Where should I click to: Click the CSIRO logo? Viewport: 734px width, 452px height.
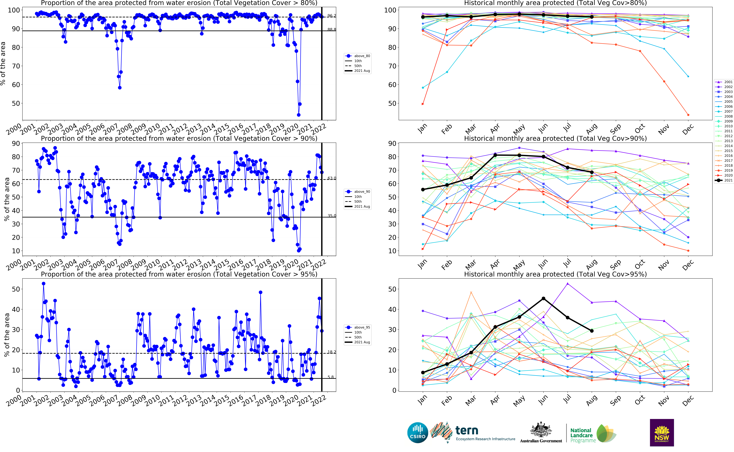(418, 433)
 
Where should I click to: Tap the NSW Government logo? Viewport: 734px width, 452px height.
(662, 433)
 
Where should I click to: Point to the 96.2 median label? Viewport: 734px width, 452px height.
(331, 16)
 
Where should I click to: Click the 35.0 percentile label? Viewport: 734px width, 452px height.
(331, 216)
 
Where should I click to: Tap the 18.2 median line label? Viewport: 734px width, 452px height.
(331, 352)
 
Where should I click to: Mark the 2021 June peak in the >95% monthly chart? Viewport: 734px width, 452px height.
(543, 298)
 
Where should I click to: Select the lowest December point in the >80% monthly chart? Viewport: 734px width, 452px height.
(688, 115)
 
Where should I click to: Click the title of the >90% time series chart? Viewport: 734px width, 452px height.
(179, 138)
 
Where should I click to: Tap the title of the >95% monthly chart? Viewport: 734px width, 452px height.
(555, 274)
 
